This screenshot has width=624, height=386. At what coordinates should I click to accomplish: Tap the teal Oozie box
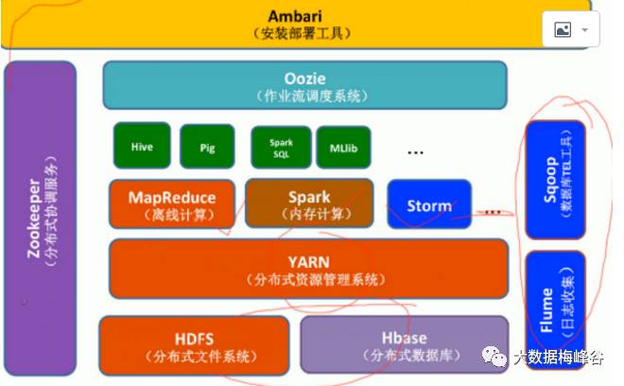(304, 85)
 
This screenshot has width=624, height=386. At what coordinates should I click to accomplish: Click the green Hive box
(142, 146)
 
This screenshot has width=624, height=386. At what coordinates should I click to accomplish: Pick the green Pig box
(207, 148)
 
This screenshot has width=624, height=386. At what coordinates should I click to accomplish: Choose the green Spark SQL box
(281, 148)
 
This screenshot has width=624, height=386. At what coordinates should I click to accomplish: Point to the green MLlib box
(343, 148)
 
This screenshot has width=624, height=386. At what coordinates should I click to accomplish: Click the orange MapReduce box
(171, 203)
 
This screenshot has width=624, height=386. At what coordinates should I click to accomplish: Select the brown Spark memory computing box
(309, 203)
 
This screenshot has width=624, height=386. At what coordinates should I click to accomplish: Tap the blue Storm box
(428, 204)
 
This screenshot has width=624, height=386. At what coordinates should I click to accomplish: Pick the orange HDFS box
(194, 344)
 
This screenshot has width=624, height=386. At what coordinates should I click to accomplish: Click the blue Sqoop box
(555, 181)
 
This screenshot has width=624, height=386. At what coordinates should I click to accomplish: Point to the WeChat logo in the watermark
(495, 357)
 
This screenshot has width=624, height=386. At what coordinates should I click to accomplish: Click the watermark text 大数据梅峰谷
(558, 357)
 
